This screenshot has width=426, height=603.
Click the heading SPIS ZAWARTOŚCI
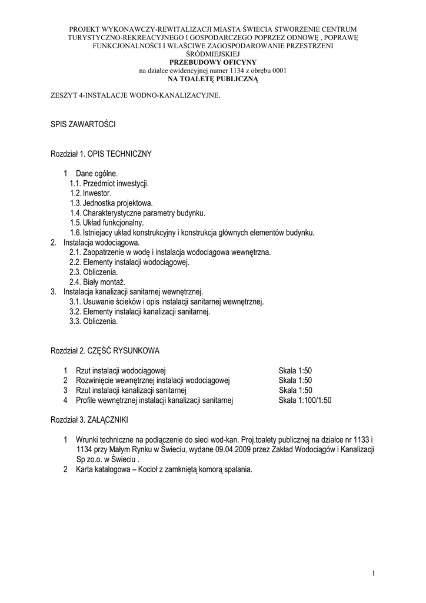82,125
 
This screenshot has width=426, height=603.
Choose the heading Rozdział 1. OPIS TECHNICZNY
101,154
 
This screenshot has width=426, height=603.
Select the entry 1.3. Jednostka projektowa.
111,203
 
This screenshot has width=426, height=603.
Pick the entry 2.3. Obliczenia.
94,272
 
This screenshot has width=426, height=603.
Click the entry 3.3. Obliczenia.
94,322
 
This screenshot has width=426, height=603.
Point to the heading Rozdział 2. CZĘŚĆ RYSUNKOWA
105,351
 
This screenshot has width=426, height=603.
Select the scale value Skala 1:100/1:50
305,400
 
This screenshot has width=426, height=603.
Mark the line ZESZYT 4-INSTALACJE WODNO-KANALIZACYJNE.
135,95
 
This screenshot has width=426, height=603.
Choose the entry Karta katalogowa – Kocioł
164,470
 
